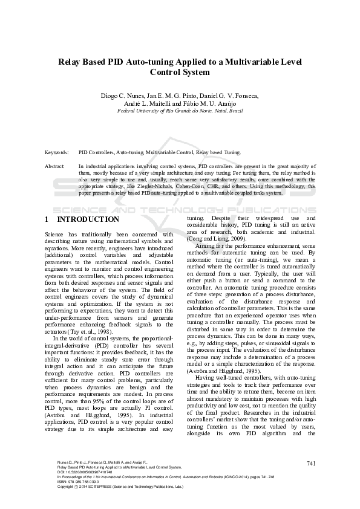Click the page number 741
click(x=312, y=464)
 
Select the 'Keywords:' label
click(x=57, y=153)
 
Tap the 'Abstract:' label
click(x=55, y=165)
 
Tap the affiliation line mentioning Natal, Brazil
click(x=180, y=112)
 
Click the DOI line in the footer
click(x=81, y=472)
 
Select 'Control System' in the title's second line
click(x=180, y=73)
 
